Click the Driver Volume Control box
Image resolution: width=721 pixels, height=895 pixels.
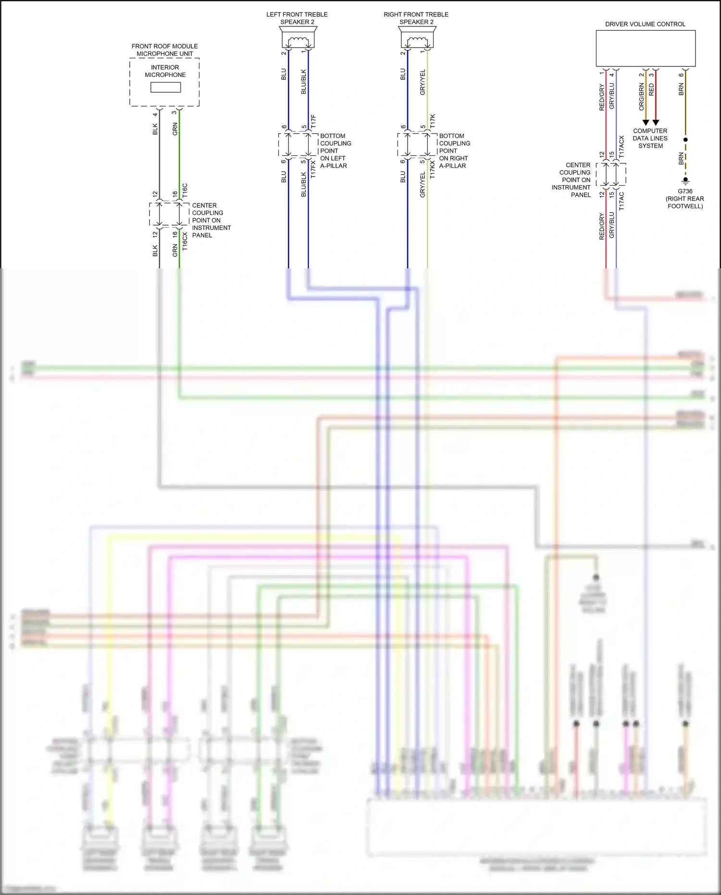[646, 48]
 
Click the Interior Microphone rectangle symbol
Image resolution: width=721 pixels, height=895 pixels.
[165, 87]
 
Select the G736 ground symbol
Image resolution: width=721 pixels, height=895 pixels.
[685, 181]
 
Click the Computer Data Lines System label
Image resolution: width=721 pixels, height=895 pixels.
[650, 138]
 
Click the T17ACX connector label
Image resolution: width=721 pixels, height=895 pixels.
[622, 147]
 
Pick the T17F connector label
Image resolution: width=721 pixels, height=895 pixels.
[313, 121]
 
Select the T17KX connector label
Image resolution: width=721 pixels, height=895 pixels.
[432, 169]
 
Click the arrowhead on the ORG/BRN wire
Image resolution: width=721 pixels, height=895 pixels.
[646, 123]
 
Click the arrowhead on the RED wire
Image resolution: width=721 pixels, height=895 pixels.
[656, 123]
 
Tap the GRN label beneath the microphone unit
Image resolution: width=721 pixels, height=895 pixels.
[175, 128]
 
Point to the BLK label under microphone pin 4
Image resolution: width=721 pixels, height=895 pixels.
[155, 129]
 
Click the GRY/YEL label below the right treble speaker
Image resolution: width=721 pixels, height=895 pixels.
[423, 82]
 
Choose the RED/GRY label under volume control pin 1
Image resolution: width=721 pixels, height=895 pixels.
[602, 97]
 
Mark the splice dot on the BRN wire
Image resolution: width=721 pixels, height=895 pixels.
[685, 139]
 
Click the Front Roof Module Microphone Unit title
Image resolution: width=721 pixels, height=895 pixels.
[165, 50]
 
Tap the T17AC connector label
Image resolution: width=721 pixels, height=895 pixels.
[622, 201]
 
